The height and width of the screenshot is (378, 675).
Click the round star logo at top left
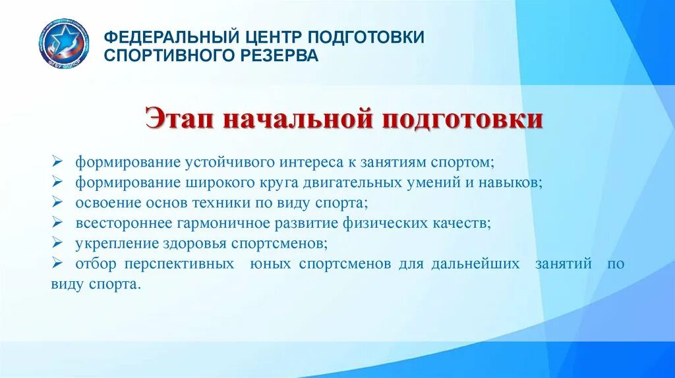click(x=63, y=43)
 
